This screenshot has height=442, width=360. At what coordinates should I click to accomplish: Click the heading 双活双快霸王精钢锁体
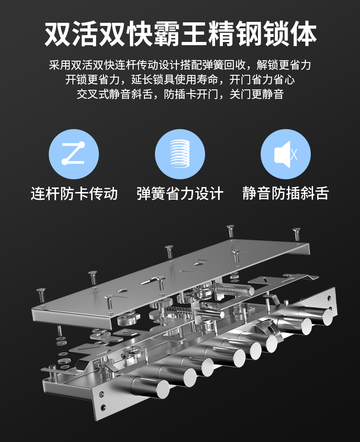(180, 34)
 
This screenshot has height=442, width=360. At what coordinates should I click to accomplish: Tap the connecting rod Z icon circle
(74, 154)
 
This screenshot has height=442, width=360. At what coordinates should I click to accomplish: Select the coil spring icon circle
(180, 154)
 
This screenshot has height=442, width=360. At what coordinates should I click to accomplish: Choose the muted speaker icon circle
(286, 154)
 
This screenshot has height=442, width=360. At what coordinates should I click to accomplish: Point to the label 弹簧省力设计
(180, 193)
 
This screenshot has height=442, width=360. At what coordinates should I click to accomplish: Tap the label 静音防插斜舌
(285, 193)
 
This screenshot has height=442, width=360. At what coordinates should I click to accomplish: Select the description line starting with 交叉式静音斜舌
(180, 94)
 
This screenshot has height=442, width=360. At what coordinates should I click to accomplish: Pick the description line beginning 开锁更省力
(180, 79)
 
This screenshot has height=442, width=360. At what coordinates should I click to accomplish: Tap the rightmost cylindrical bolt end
(326, 315)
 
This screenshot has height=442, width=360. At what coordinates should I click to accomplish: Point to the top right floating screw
(297, 233)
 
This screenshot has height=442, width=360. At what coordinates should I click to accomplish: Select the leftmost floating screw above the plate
(41, 293)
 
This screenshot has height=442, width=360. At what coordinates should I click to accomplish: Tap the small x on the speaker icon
(294, 154)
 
